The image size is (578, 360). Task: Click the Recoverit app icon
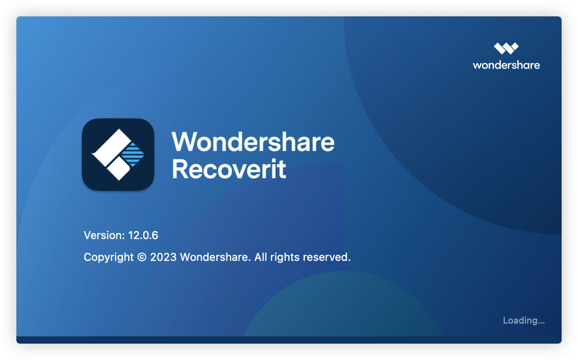click(118, 155)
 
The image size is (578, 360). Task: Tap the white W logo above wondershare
click(506, 49)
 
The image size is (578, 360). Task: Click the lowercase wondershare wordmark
click(506, 65)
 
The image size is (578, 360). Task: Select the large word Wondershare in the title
click(253, 142)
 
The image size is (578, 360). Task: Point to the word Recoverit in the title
click(229, 169)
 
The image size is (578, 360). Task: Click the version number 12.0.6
click(143, 235)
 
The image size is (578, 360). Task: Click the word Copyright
click(109, 257)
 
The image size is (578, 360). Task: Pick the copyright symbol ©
click(142, 257)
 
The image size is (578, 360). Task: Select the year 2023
click(163, 257)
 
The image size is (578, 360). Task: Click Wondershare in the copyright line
click(215, 257)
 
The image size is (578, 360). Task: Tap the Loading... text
click(524, 320)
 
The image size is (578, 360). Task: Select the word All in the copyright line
click(261, 257)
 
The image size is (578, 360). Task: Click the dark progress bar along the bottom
click(289, 340)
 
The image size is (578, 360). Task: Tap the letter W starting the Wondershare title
click(185, 142)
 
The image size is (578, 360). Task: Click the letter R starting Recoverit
click(179, 169)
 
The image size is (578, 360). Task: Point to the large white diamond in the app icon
click(111, 148)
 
